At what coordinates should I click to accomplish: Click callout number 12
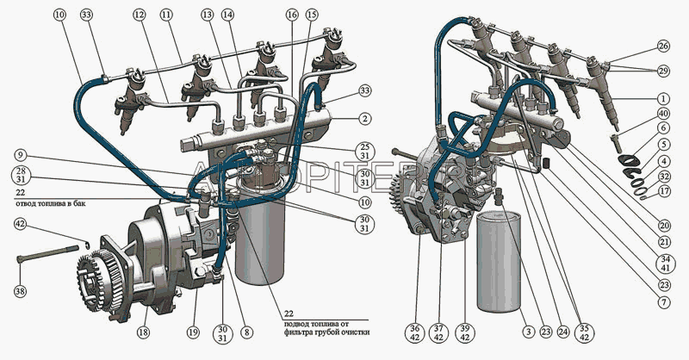140,16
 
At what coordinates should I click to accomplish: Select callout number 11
166,16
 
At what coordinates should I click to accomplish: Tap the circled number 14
227,16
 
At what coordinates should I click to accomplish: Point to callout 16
293,16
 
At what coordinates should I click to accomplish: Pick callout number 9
19,155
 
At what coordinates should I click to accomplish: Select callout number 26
662,45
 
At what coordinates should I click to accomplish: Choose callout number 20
662,225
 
